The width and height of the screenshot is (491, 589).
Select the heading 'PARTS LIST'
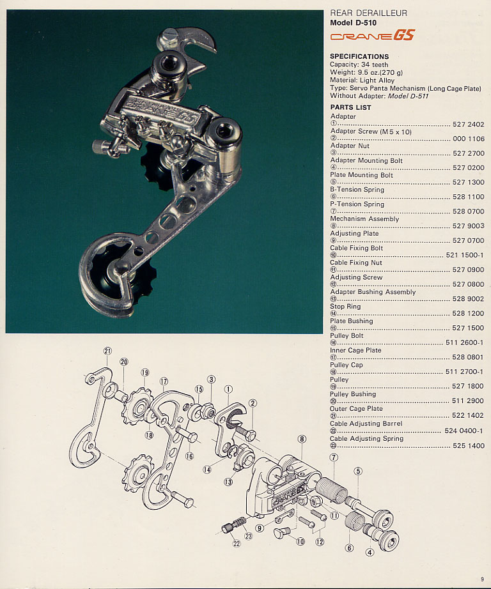pos(350,107)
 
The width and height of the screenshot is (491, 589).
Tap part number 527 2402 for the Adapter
pos(469,124)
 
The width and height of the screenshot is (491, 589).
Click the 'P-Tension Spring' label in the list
pos(357,204)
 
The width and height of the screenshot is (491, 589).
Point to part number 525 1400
pos(469,446)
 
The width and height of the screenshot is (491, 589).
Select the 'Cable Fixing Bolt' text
pos(357,248)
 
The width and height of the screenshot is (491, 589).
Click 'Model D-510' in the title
pos(354,22)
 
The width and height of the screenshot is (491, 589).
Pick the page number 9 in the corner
pos(483,579)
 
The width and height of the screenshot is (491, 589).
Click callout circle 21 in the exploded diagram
pos(107,351)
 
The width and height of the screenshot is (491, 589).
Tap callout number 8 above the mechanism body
pos(302,439)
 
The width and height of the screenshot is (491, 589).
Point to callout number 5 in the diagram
pos(358,471)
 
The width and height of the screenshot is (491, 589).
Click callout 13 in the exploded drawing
pos(228,482)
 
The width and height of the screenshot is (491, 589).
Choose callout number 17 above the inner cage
pos(164,381)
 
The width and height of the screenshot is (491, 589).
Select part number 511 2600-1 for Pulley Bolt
pos(464,343)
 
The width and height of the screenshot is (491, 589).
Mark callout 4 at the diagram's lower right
pos(369,553)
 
